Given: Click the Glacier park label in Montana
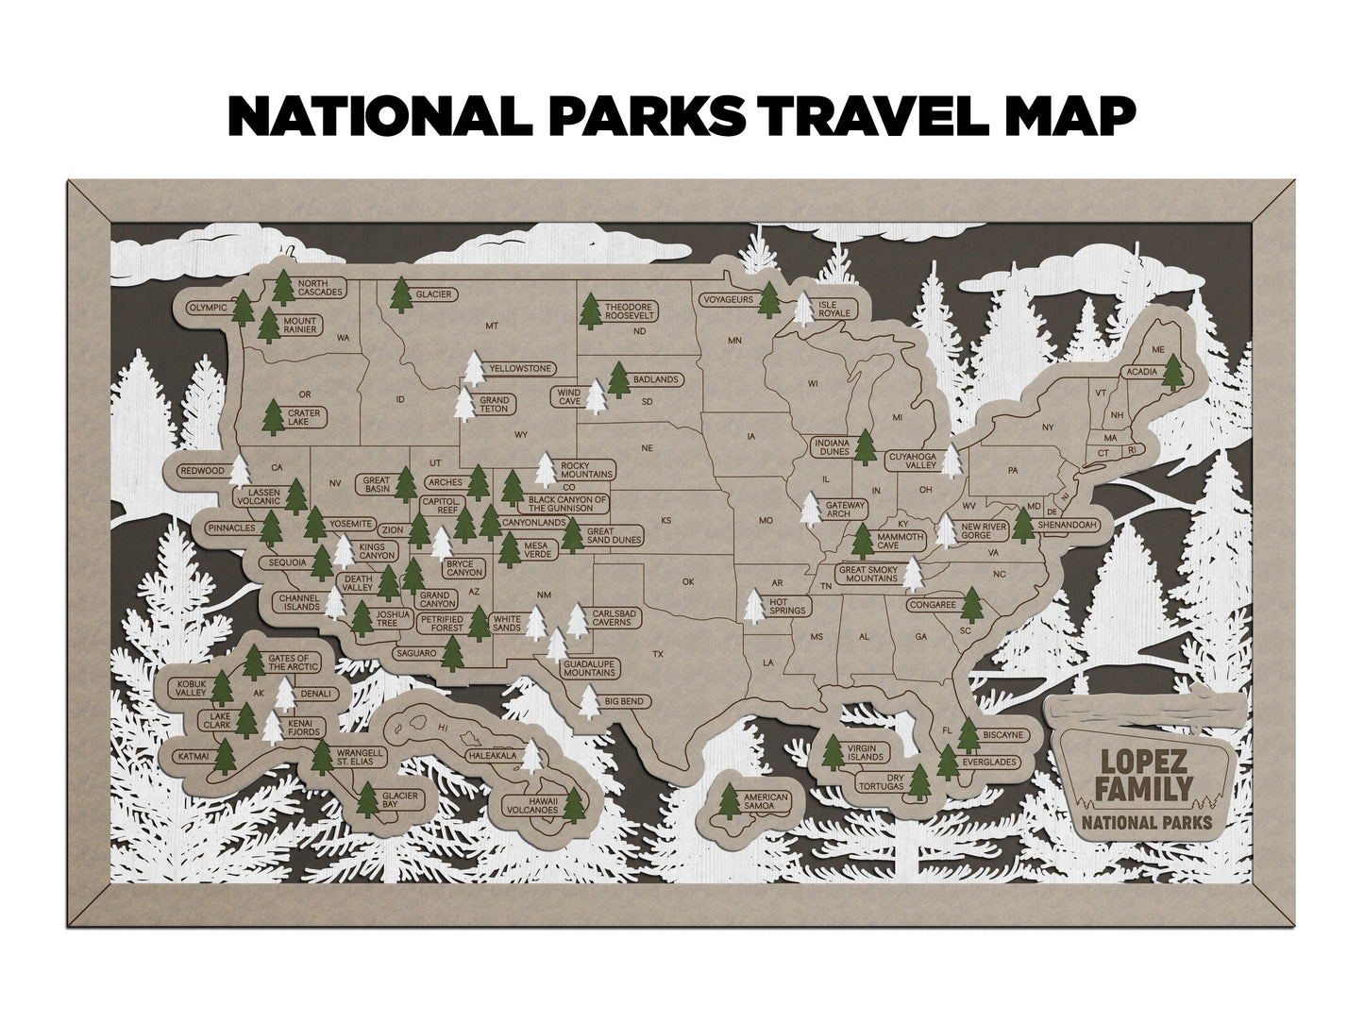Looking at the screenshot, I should (x=434, y=294).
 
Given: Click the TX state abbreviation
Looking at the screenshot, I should (x=659, y=654).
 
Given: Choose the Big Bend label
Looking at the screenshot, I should (x=624, y=701).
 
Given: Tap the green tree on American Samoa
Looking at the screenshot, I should (x=729, y=800).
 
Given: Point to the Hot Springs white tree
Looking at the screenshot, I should (x=753, y=606).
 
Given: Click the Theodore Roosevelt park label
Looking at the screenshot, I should (x=630, y=312).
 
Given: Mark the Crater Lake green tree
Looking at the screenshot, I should (x=273, y=416).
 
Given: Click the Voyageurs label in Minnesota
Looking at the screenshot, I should (x=728, y=300).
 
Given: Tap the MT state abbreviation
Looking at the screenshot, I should (x=490, y=327).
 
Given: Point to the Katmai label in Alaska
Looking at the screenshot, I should (x=194, y=756).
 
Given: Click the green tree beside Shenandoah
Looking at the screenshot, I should (x=1023, y=524).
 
